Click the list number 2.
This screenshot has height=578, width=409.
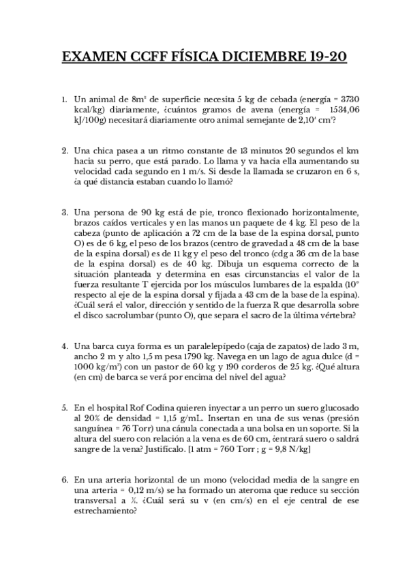[64, 151]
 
